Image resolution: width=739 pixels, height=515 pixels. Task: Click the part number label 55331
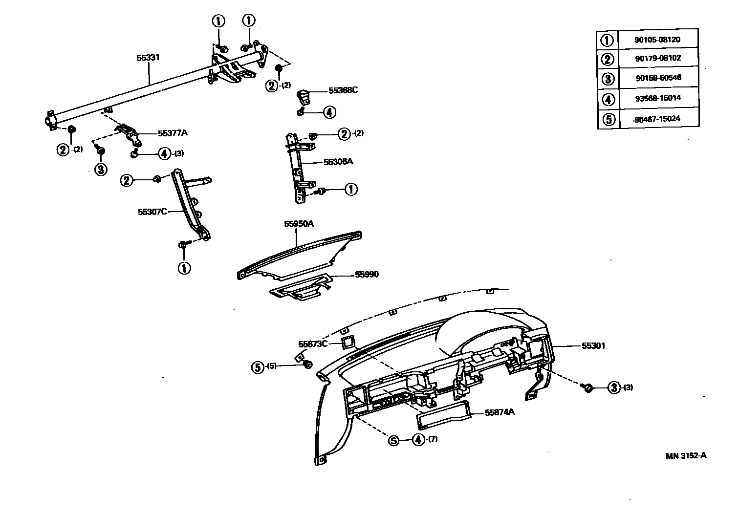148,58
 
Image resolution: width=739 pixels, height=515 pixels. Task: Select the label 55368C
343,90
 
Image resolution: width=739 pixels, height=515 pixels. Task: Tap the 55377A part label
173,133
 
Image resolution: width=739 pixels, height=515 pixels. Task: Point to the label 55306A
338,161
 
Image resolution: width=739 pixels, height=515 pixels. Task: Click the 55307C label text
152,212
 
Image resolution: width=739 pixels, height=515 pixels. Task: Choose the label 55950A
299,224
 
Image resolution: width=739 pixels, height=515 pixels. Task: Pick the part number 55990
367,275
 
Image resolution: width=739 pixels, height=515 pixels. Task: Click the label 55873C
313,343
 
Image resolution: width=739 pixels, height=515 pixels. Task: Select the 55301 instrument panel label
593,346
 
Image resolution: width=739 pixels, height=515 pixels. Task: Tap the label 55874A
500,412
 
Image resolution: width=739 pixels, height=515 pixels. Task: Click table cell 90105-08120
657,40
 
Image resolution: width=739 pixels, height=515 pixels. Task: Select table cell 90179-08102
657,59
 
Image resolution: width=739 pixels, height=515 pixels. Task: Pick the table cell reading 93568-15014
657,98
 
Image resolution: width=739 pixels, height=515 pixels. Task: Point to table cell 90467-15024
657,119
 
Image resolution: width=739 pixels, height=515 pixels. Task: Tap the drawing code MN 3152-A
686,456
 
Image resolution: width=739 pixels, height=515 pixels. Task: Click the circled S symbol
394,440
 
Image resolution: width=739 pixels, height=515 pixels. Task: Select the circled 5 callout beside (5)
258,366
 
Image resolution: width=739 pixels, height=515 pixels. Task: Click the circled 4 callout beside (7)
418,440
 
